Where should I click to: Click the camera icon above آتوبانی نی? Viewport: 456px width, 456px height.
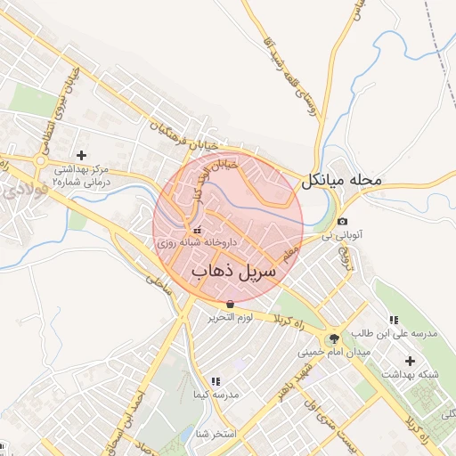pyautogui.click(x=343, y=221)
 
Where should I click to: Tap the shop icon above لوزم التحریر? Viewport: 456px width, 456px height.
pyautogui.click(x=231, y=305)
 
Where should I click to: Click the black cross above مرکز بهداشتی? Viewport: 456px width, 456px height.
pyautogui.click(x=81, y=155)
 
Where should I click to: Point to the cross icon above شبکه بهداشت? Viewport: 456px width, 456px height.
pyautogui.click(x=410, y=361)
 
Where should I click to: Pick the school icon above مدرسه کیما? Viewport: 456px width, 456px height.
pyautogui.click(x=215, y=381)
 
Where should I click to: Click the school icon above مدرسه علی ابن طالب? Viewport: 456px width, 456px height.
pyautogui.click(x=393, y=320)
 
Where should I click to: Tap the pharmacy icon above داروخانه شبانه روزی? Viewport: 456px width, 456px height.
pyautogui.click(x=197, y=231)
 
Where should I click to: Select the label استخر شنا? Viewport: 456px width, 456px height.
pyautogui.click(x=216, y=435)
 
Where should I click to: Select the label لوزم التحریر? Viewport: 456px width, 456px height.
pyautogui.click(x=231, y=318)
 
